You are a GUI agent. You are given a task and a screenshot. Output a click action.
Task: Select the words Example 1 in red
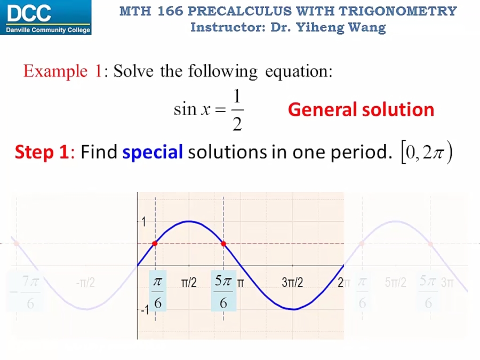62,71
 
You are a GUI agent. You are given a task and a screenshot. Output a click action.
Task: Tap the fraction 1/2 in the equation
237,110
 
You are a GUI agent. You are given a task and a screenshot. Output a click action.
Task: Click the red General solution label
361,109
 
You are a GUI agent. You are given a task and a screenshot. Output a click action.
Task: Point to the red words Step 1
42,153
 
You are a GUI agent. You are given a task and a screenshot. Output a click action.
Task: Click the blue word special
153,153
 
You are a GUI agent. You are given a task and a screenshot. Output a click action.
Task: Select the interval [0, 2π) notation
426,153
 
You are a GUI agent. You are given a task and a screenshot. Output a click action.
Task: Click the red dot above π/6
155,244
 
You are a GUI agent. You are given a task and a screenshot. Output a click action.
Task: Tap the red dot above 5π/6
223,244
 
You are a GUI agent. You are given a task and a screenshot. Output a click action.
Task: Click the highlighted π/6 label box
157,292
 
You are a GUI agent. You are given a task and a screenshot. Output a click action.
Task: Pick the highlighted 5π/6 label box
223,292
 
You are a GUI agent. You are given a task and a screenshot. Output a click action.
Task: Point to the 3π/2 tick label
292,283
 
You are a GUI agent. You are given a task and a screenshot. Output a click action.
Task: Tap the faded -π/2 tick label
85,283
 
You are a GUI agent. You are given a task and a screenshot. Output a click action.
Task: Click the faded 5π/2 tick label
395,283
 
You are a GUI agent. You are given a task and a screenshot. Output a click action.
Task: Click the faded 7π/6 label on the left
27,292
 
